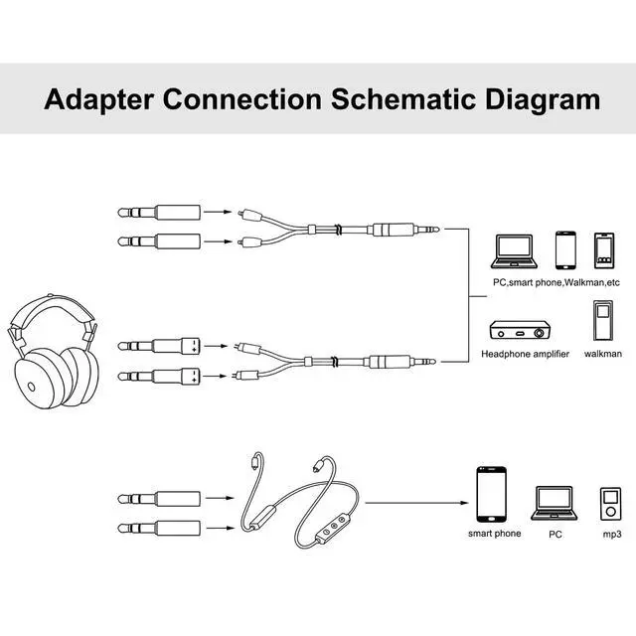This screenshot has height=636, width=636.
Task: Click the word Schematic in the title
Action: click(404, 99)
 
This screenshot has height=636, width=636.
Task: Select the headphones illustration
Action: click(53, 351)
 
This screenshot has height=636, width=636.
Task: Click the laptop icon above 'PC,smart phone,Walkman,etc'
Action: click(515, 251)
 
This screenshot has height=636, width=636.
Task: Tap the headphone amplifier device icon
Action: click(521, 330)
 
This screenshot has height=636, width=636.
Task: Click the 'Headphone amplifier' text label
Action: click(525, 354)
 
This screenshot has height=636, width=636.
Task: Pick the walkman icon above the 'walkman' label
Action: click(603, 320)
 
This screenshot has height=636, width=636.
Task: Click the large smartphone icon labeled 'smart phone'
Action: click(491, 495)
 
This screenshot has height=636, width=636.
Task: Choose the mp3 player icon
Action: click(610, 504)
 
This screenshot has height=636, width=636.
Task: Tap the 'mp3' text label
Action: click(612, 535)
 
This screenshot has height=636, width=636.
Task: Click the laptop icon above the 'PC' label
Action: click(555, 504)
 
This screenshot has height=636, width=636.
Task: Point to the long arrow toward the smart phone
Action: click(416, 503)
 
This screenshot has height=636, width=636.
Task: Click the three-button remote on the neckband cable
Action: click(332, 529)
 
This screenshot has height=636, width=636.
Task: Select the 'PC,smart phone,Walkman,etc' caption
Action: click(556, 282)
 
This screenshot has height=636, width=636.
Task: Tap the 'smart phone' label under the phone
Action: click(495, 534)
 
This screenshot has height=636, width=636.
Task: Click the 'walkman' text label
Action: click(603, 354)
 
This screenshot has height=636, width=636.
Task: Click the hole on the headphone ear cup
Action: click(31, 387)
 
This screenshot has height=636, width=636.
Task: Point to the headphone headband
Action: click(52, 309)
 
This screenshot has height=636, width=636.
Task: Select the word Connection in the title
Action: click(242, 99)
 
